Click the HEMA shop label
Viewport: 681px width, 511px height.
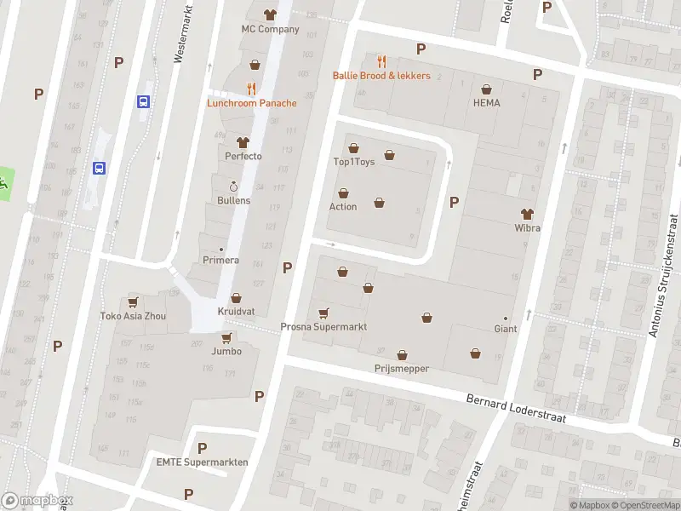click(486, 103)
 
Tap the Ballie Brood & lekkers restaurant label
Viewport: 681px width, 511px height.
click(381, 76)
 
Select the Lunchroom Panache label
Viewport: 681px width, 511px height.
click(252, 103)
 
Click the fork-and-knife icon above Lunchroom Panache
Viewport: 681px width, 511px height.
click(251, 88)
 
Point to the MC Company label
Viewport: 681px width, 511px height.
click(270, 29)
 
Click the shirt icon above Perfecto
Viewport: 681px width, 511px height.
click(243, 142)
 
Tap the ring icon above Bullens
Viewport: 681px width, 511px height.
click(233, 186)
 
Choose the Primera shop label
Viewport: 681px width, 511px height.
click(220, 260)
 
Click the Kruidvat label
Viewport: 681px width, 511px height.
click(235, 311)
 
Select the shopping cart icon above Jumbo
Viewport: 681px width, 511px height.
click(226, 337)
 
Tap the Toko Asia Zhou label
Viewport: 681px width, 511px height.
click(132, 316)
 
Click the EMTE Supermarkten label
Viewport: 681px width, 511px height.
click(202, 462)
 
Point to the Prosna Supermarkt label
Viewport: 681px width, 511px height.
click(323, 327)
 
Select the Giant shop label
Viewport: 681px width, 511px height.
click(506, 329)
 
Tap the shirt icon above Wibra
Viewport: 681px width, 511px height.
click(527, 214)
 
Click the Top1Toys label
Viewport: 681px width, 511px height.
click(353, 161)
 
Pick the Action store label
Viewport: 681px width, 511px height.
click(343, 206)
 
